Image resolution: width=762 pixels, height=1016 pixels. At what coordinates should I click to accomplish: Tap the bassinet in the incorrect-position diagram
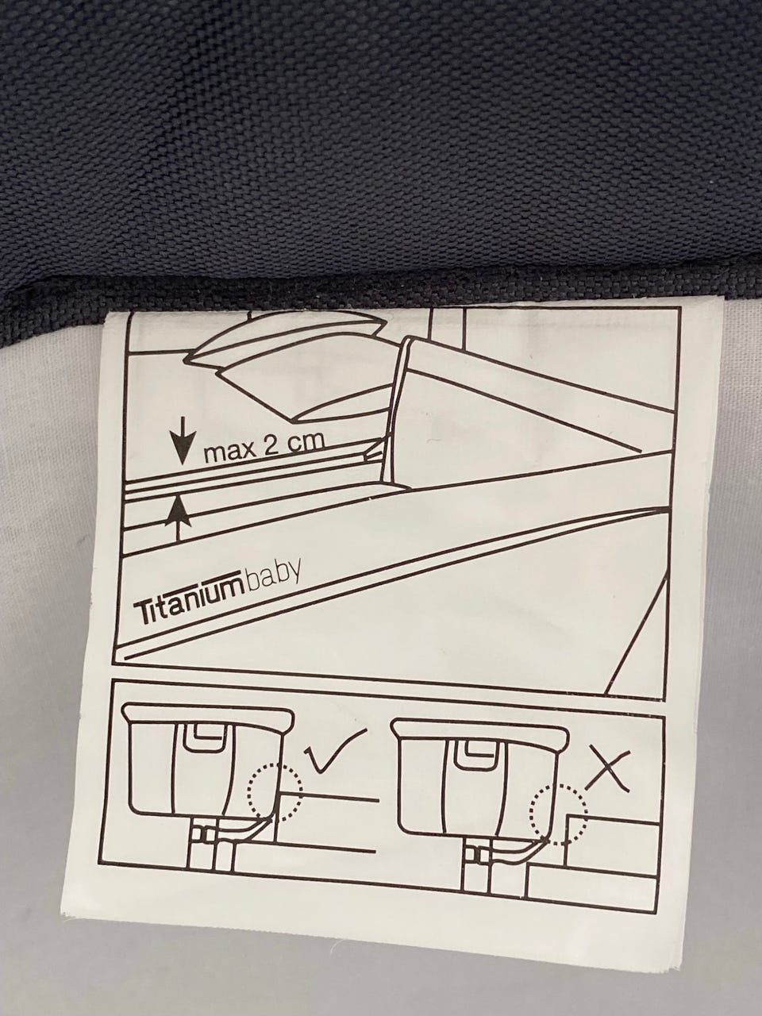(x=481, y=787)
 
